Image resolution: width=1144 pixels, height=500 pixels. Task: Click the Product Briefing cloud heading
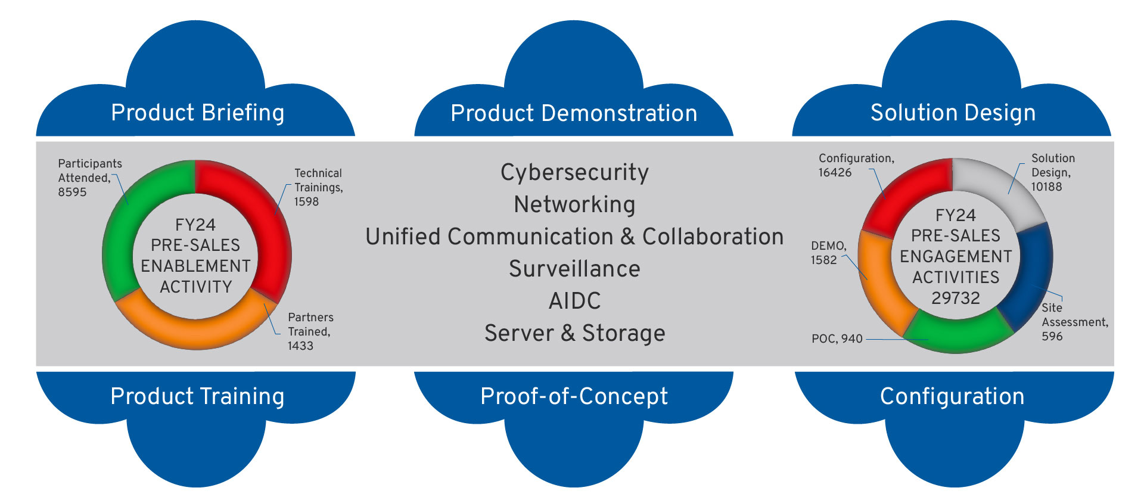pyautogui.click(x=197, y=113)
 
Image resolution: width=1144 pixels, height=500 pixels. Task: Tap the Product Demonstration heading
pyautogui.click(x=574, y=113)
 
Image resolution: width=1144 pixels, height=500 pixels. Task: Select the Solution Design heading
pyautogui.click(x=953, y=113)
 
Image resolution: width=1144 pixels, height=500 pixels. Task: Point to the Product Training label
pyautogui.click(x=197, y=396)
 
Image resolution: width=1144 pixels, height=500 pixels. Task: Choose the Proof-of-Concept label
pyautogui.click(x=574, y=396)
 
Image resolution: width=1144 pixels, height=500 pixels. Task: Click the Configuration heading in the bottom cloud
pyautogui.click(x=952, y=396)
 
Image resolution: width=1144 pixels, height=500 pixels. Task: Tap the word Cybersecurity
pyautogui.click(x=574, y=172)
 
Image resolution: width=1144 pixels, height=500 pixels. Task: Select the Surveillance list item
pyautogui.click(x=574, y=269)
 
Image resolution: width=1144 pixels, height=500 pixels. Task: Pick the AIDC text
pyautogui.click(x=574, y=301)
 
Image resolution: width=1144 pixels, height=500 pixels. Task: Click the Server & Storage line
pyautogui.click(x=574, y=333)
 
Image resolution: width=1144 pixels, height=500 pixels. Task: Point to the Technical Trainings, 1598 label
pyautogui.click(x=318, y=187)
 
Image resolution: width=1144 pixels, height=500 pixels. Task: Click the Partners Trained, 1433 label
pyautogui.click(x=310, y=331)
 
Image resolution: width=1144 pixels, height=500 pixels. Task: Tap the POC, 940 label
pyautogui.click(x=837, y=339)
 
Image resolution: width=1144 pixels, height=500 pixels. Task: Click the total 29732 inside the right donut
pyautogui.click(x=956, y=298)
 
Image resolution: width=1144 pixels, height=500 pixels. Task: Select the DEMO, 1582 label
pyautogui.click(x=828, y=253)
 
